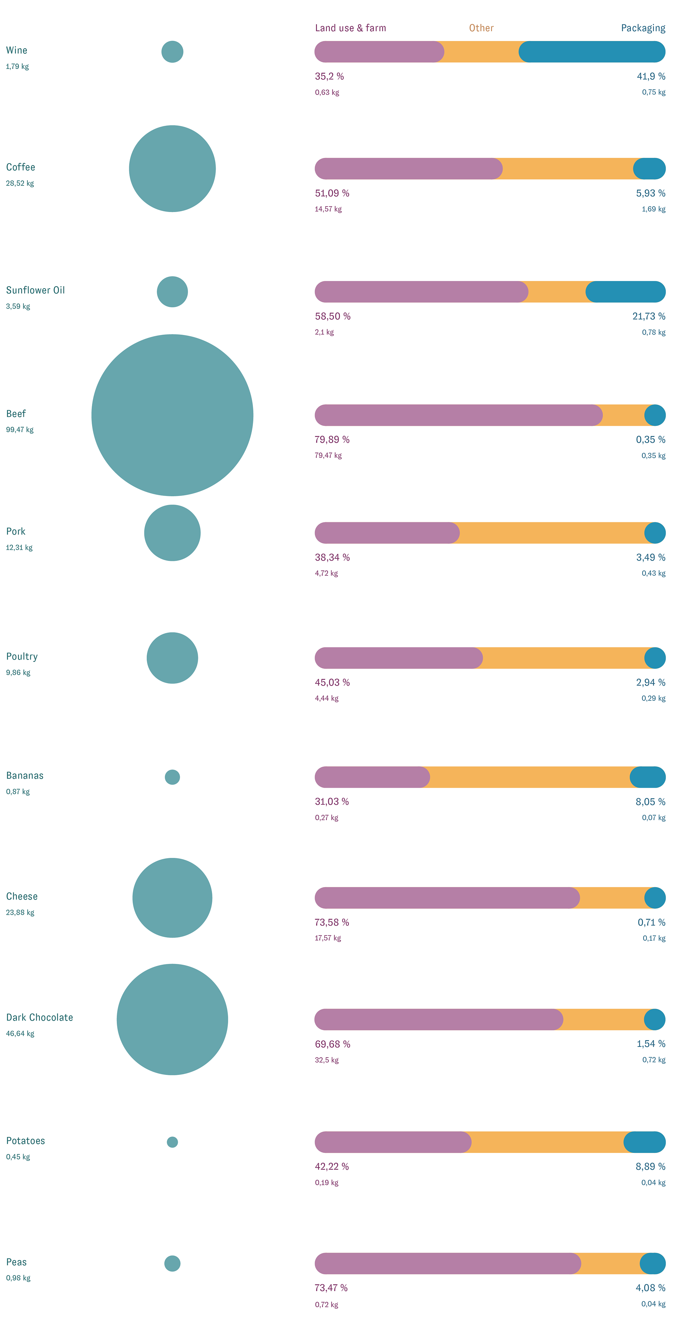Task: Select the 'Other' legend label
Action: click(481, 28)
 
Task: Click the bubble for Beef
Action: click(172, 415)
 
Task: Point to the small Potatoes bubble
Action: click(172, 1142)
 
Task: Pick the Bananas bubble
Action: click(172, 777)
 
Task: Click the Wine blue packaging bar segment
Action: click(592, 52)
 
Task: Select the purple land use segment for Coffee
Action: click(409, 169)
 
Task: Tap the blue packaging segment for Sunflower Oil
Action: click(626, 292)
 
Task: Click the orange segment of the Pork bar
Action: click(552, 533)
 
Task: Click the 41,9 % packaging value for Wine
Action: click(651, 76)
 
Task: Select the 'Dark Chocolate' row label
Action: click(40, 1017)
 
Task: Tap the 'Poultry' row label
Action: click(22, 656)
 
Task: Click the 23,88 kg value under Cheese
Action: click(20, 913)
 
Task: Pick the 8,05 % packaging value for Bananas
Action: click(650, 802)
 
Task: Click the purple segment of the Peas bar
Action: click(448, 1263)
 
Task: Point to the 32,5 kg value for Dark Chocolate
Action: click(327, 1060)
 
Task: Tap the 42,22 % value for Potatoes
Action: click(332, 1166)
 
